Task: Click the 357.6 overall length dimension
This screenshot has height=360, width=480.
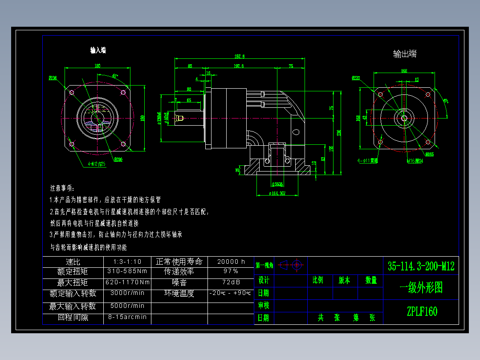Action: tap(240, 56)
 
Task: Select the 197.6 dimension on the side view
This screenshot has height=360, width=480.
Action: tap(239, 66)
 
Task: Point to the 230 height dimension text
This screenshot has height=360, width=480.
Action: tap(339, 132)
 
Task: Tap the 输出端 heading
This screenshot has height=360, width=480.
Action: tap(405, 54)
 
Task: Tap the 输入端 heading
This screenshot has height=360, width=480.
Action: tap(98, 50)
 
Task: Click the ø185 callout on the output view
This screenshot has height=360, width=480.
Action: tap(429, 155)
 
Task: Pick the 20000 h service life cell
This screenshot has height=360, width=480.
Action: tap(231, 262)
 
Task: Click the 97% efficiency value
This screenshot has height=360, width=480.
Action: tap(231, 271)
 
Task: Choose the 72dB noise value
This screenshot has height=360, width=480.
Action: tap(231, 282)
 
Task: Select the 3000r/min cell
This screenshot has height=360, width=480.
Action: tap(127, 293)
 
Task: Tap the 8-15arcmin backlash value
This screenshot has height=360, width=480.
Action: tap(127, 317)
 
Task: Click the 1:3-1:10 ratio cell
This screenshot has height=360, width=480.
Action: tap(127, 262)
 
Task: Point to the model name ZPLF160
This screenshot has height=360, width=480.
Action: tap(421, 311)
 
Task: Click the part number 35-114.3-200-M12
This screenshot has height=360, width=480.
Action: tap(421, 266)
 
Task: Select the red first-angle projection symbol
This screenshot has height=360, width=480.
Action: tap(292, 266)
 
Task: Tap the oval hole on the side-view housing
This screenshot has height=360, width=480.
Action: tap(296, 132)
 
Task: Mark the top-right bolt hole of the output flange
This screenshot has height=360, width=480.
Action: tap(428, 94)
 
